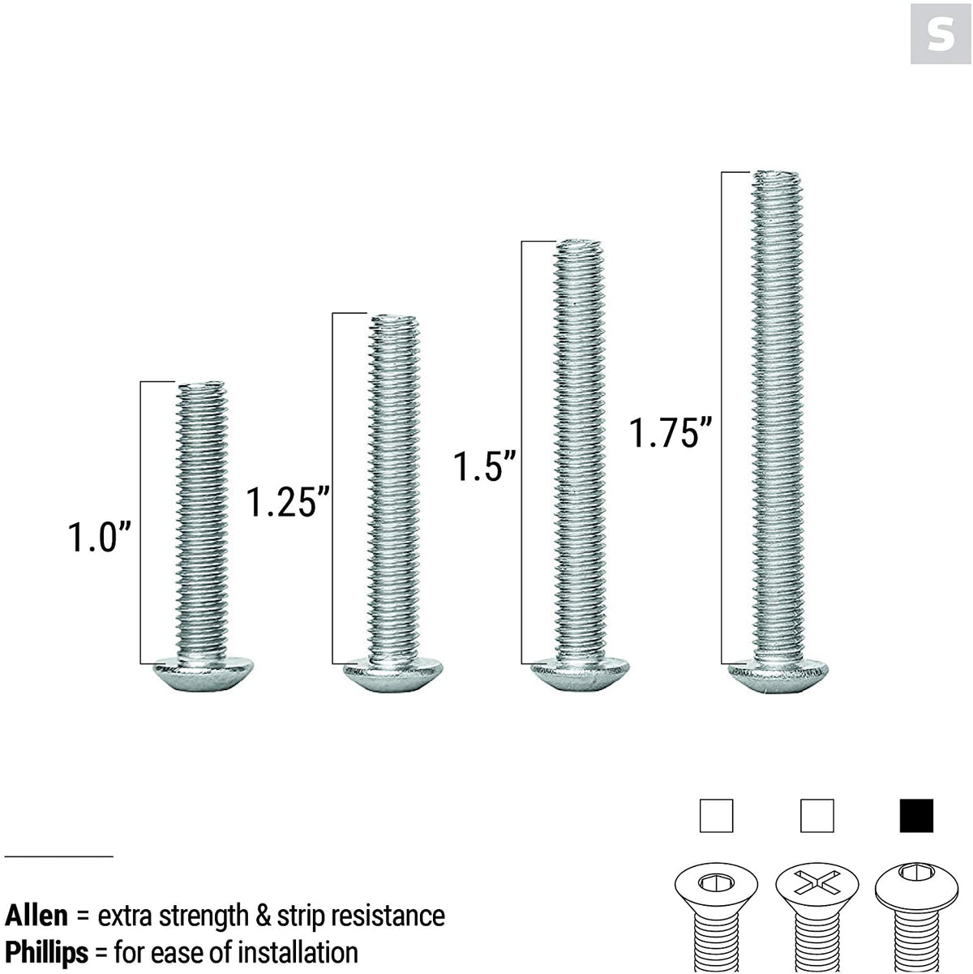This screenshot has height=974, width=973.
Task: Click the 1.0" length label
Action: (98, 537)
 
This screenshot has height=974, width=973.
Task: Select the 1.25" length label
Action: (288, 502)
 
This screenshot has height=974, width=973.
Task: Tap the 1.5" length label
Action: (484, 467)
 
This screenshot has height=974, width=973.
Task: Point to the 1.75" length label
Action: (671, 432)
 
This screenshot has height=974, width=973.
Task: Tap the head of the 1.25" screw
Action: (394, 675)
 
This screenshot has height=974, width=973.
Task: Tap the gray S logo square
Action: (940, 33)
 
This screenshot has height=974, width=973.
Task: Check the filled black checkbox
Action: (916, 816)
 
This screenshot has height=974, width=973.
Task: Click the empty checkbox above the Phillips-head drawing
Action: (817, 816)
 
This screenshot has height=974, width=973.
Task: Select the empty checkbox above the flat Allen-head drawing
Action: (716, 816)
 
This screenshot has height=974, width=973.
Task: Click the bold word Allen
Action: (36, 916)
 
